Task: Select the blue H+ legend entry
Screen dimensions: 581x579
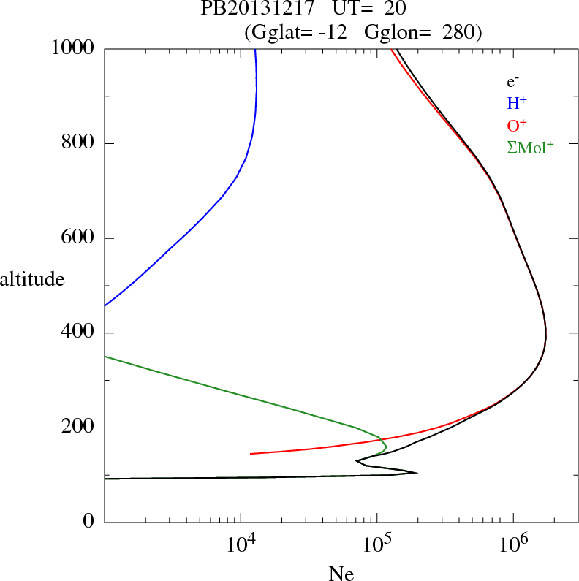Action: click(517, 104)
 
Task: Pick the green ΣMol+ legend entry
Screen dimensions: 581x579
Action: click(529, 147)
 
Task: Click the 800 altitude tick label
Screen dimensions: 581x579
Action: click(80, 143)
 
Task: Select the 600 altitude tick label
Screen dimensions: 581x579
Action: click(80, 238)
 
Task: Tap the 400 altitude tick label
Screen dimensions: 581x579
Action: click(80, 333)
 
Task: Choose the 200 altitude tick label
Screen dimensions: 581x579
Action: click(80, 428)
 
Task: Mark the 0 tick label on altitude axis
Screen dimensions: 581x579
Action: click(90, 523)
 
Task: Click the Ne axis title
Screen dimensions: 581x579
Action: click(340, 574)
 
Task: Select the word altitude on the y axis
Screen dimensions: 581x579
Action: click(32, 278)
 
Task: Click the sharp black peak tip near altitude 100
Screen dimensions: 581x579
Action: click(416, 473)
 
